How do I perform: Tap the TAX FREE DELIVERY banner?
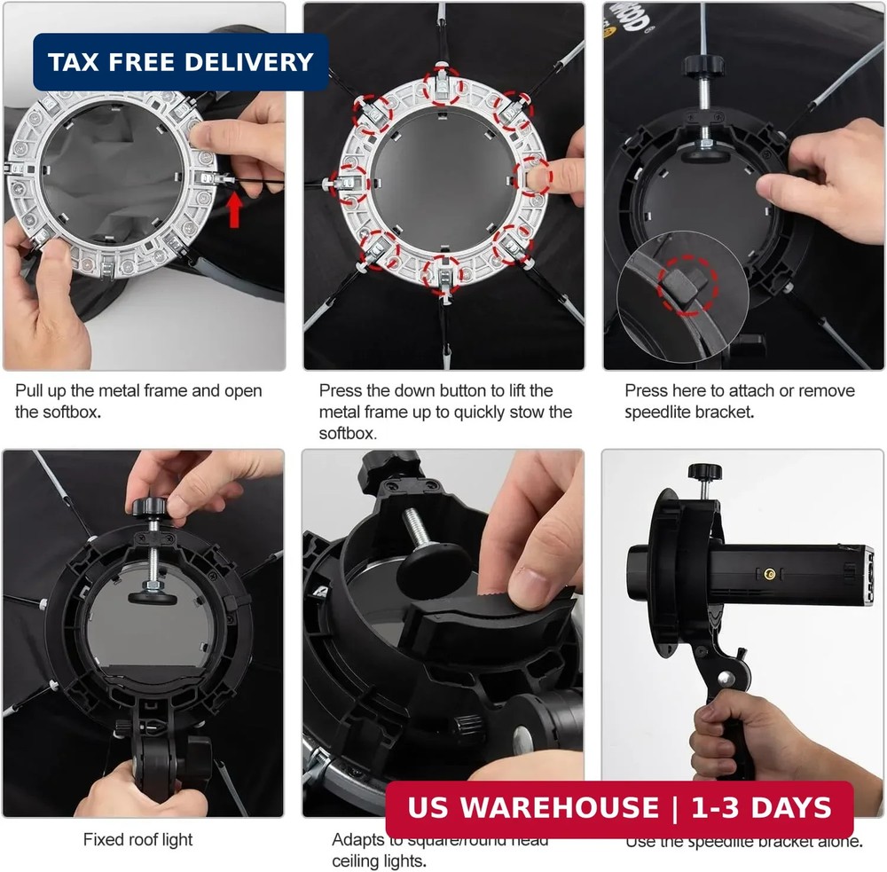point(181,62)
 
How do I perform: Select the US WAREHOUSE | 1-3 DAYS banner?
point(619,808)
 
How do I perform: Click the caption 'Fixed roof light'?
point(137,839)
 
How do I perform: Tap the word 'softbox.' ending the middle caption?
point(348,434)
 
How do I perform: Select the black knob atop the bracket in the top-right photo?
point(697,67)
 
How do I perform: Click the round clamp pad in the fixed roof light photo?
point(152,593)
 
